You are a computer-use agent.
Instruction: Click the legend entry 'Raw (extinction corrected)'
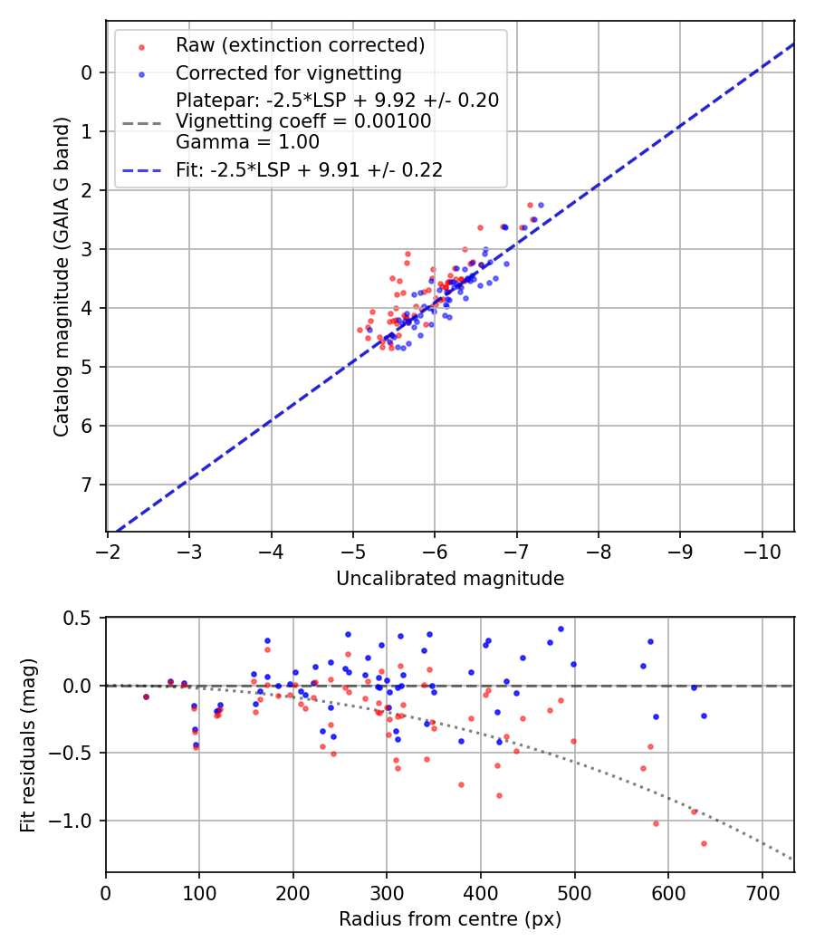point(300,45)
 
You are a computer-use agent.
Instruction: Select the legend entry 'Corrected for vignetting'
point(288,72)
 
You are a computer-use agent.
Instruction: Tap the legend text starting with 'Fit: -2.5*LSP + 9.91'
point(309,169)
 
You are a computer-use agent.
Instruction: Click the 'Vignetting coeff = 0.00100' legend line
point(303,120)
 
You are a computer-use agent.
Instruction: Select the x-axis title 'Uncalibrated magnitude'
point(450,579)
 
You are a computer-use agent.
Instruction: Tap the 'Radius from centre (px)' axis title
point(450,919)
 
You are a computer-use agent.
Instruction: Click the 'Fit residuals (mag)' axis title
point(28,744)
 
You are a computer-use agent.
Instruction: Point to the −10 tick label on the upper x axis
point(762,552)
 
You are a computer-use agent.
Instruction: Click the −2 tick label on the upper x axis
point(108,552)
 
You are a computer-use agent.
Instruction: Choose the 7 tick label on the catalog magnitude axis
point(86,485)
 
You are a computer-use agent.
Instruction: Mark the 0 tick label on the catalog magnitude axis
point(86,72)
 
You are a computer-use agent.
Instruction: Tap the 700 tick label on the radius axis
point(762,892)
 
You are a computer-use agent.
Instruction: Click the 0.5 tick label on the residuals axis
point(80,618)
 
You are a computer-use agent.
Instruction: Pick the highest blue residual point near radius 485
point(561,629)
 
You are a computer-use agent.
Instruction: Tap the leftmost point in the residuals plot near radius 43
point(146,696)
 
